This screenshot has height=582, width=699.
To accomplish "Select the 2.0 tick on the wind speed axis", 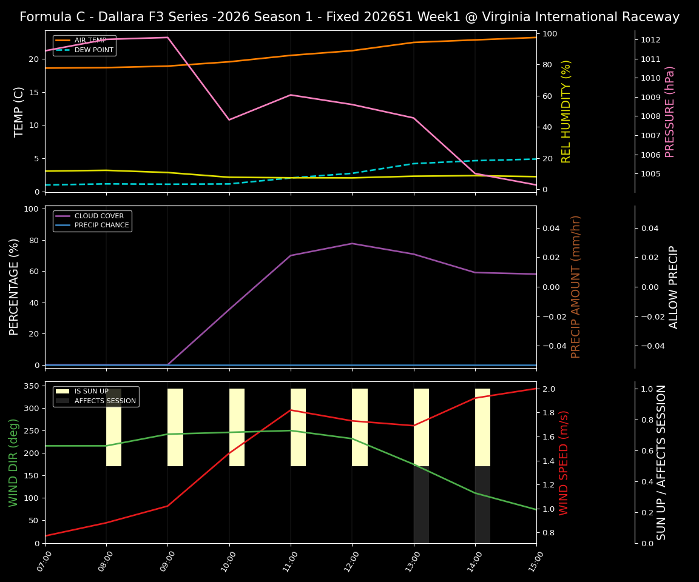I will click(548, 389).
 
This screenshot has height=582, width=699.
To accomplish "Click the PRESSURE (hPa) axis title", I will click(670, 112).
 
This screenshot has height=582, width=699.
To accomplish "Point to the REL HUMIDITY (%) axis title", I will click(566, 112).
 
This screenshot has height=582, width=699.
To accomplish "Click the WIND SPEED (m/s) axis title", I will click(564, 463).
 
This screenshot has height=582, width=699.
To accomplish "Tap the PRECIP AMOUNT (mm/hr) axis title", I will click(576, 287).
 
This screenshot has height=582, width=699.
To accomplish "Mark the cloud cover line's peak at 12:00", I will click(352, 243).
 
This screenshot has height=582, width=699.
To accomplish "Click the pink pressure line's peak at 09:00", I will click(167, 38).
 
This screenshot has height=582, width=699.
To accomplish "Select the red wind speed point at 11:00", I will click(291, 410).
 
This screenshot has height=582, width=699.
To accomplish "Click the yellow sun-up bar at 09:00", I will click(175, 427).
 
